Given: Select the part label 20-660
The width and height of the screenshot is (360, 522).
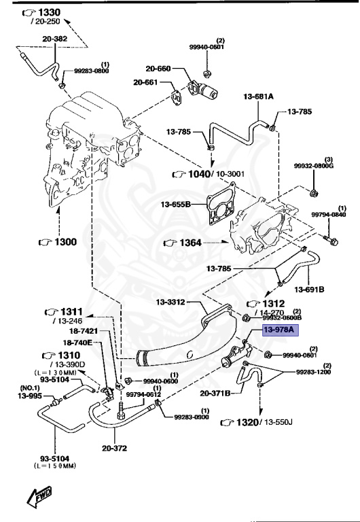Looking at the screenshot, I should pyautogui.click(x=157, y=69).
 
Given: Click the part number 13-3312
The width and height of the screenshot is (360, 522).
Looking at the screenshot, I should pyautogui.click(x=170, y=302).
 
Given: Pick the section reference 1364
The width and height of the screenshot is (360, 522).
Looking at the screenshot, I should pyautogui.click(x=194, y=242).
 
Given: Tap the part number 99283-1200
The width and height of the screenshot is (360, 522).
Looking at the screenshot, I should pyautogui.click(x=313, y=372).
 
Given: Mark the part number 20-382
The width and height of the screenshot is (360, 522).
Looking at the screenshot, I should pyautogui.click(x=56, y=39).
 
